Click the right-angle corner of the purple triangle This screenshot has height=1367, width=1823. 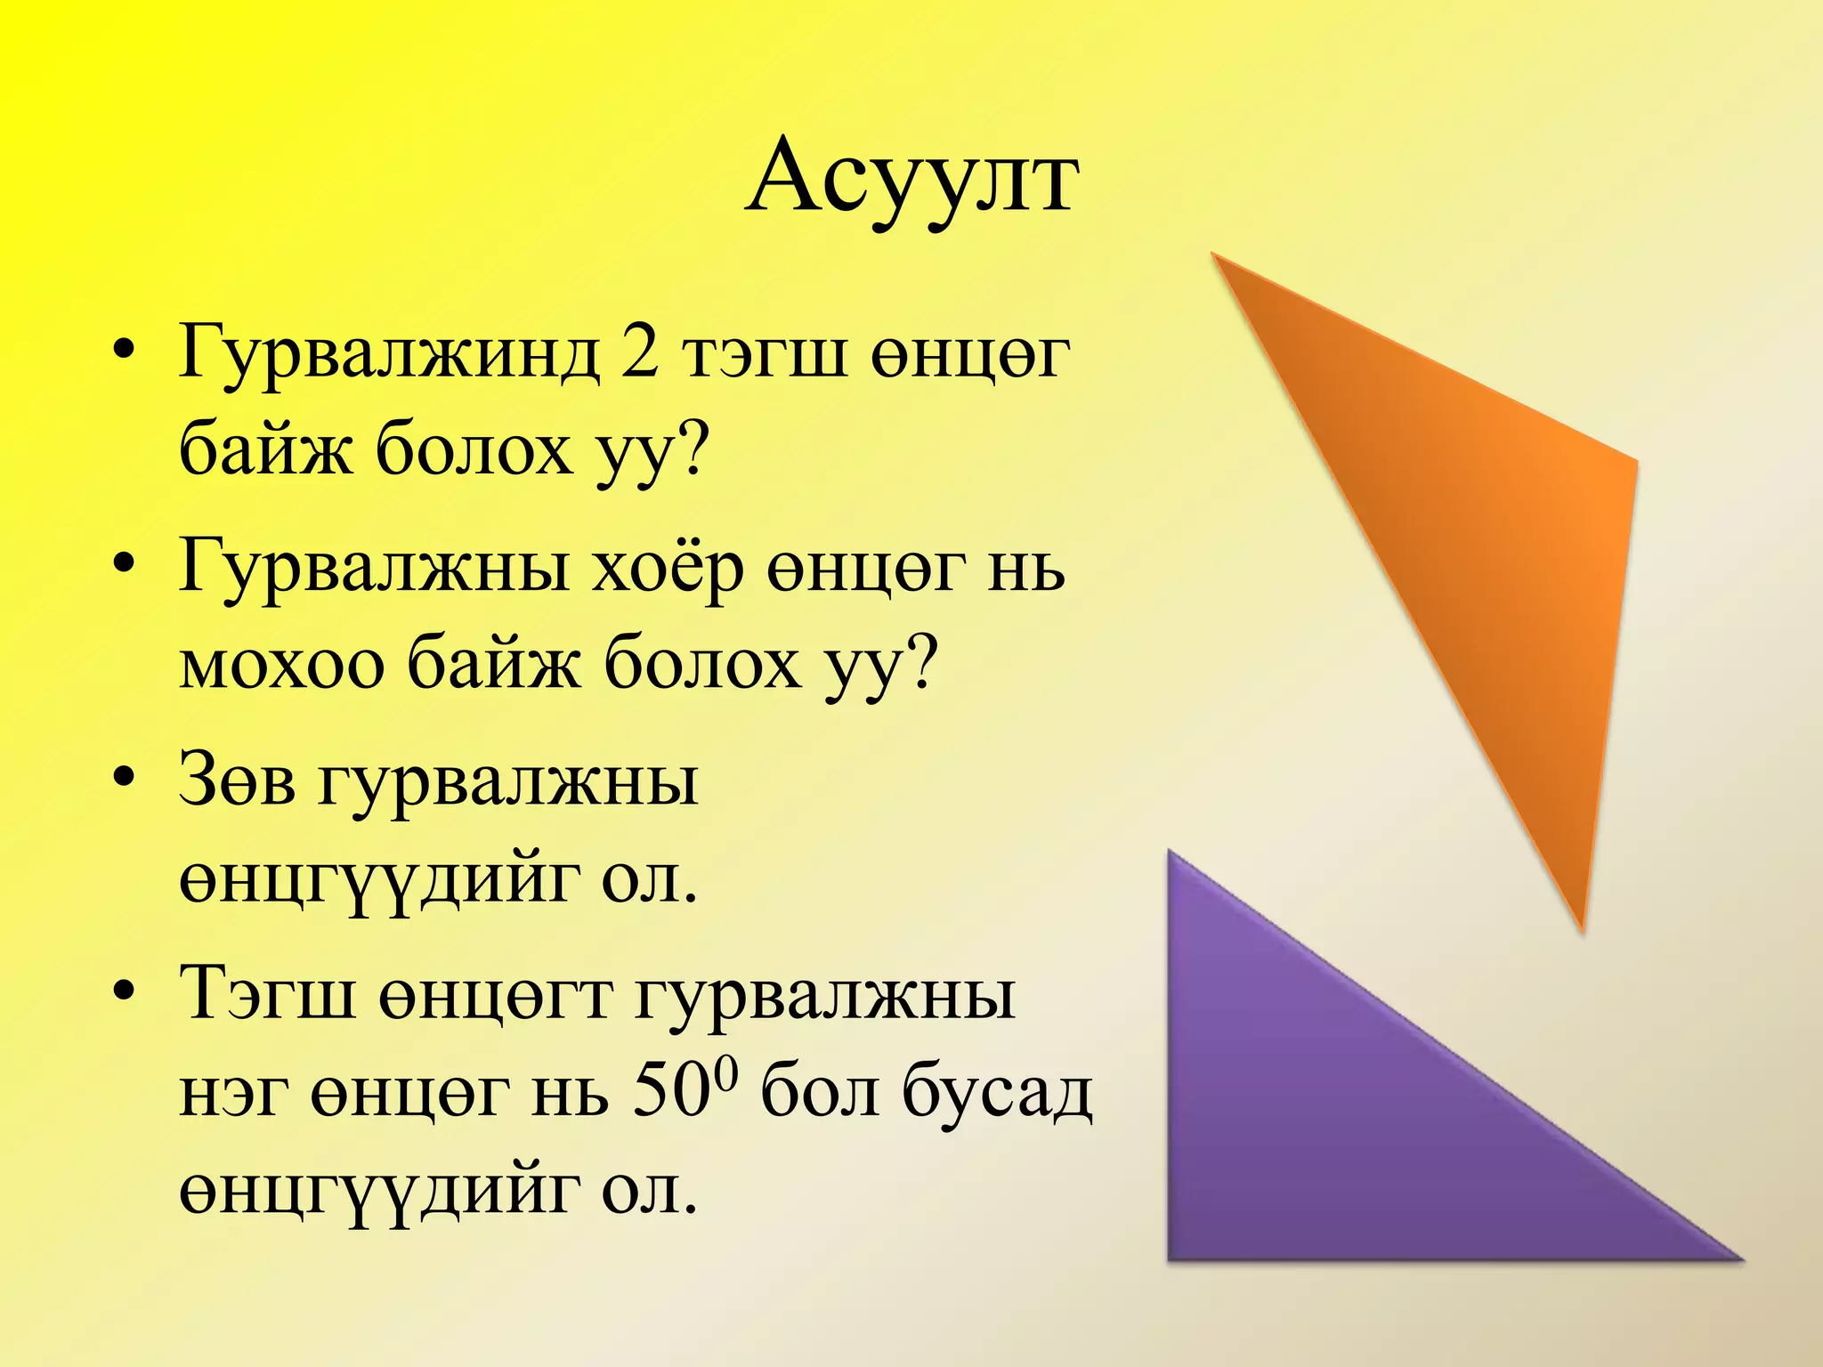click(1171, 1257)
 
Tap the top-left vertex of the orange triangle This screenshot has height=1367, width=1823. click(1214, 255)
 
